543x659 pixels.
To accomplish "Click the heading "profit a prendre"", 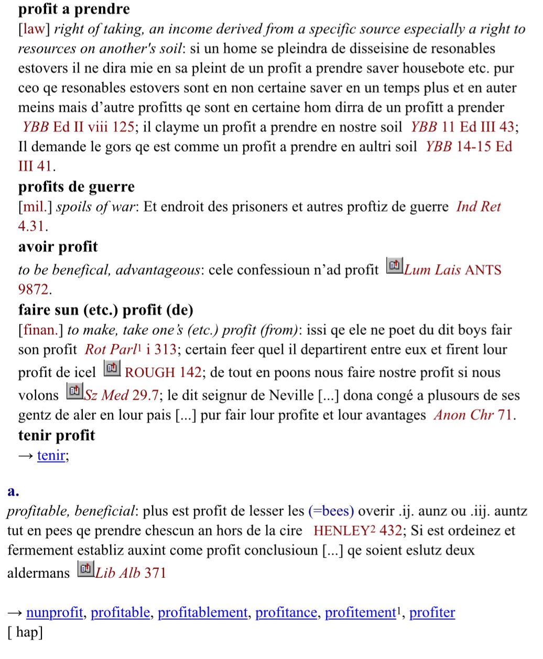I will (74, 9).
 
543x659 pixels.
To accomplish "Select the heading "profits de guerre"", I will (77, 187).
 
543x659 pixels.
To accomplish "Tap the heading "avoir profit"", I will (58, 247).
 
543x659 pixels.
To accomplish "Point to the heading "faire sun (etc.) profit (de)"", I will (106, 310).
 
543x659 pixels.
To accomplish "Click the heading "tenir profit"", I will (57, 435).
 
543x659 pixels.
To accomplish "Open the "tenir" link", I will (51, 455).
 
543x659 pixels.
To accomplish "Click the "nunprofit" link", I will (55, 612).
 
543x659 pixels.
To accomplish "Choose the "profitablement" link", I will (203, 612).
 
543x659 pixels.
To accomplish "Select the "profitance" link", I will (286, 612).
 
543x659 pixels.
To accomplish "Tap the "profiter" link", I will (432, 612).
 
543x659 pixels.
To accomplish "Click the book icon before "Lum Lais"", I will (394, 266).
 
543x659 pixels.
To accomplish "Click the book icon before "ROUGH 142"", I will (112, 368).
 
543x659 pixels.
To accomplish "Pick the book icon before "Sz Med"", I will (74, 391).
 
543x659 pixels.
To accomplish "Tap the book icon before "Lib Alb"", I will (85, 569).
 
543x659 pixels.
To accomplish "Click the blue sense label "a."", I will (14, 491).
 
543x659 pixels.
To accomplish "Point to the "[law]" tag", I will (34, 29).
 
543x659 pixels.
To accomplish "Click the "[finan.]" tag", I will (41, 330).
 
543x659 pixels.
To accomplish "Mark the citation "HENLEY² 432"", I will (358, 531).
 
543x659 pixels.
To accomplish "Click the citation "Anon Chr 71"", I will (474, 415).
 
